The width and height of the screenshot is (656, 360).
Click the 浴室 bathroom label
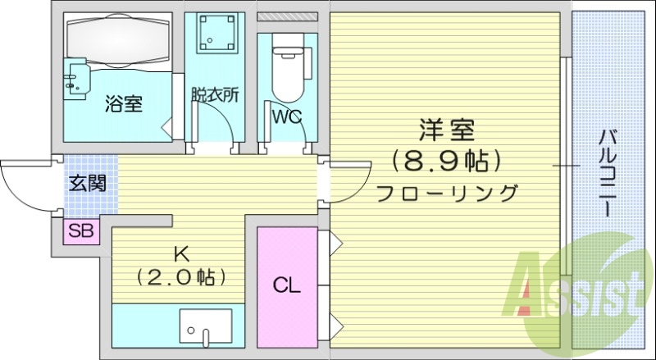pos(124,104)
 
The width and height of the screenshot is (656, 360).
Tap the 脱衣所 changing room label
pos(214,94)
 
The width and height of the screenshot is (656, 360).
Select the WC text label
pos(287,116)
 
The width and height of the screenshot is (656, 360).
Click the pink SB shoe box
pos(81,231)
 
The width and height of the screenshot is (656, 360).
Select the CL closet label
pos(286,285)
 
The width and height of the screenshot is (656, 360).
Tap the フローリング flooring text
pos(447,194)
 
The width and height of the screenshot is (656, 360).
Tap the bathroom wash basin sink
pos(76,79)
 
